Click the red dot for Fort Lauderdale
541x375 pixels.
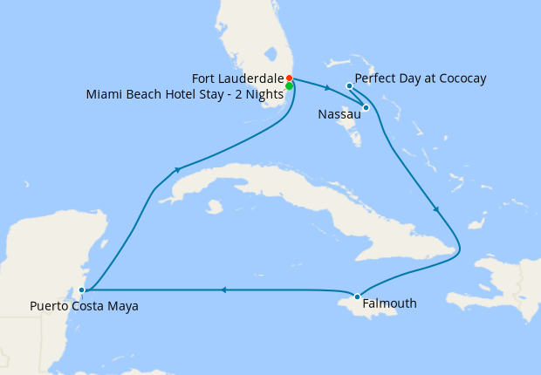289,78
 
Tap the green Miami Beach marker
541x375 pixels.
289,86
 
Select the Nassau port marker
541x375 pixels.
366,107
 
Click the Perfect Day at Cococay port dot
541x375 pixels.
349,85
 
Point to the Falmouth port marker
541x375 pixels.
357,297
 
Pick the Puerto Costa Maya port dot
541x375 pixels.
81,290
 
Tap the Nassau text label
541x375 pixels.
337,113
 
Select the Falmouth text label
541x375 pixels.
390,303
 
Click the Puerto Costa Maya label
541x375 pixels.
84,306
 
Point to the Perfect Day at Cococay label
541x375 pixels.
421,78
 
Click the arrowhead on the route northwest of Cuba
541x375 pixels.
177,169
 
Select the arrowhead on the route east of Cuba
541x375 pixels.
436,209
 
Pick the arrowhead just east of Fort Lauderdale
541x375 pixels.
326,88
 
